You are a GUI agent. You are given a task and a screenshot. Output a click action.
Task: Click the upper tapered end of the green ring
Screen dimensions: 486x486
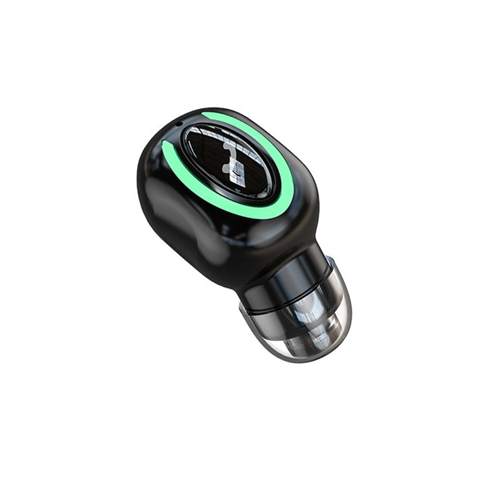(205, 116)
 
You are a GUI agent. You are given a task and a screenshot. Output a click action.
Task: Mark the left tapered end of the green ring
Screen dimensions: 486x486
(166, 146)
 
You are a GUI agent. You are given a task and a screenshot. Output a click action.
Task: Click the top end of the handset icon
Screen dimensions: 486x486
(227, 146)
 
